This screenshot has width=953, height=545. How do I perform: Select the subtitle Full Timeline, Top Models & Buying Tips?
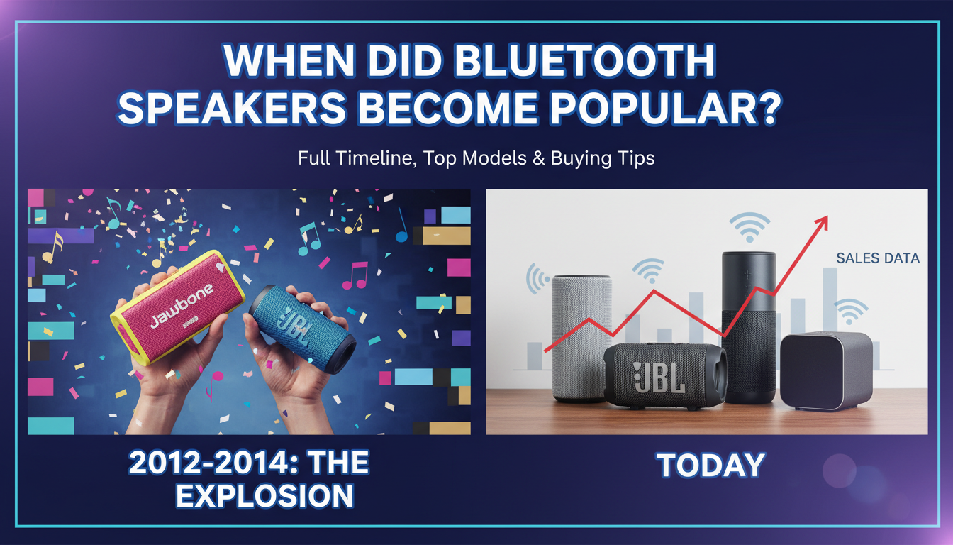pos(476,158)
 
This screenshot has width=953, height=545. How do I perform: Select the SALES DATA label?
pos(877,258)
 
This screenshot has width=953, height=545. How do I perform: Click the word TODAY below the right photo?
pos(710,465)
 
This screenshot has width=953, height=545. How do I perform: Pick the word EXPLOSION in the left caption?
pos(264,495)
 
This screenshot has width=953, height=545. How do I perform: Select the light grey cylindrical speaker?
pos(581,337)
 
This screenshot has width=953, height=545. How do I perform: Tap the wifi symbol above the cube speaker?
pos(851,311)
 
